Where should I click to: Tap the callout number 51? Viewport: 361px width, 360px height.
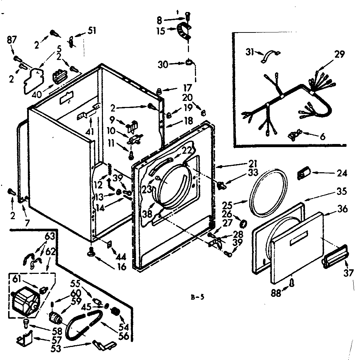point(92,31)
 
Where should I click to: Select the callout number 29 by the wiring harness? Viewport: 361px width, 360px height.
point(339,54)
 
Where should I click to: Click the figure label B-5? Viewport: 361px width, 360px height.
point(197,297)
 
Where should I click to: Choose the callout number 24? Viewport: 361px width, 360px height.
point(342,173)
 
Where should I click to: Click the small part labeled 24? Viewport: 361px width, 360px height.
point(303,173)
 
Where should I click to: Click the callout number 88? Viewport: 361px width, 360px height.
point(276,293)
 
